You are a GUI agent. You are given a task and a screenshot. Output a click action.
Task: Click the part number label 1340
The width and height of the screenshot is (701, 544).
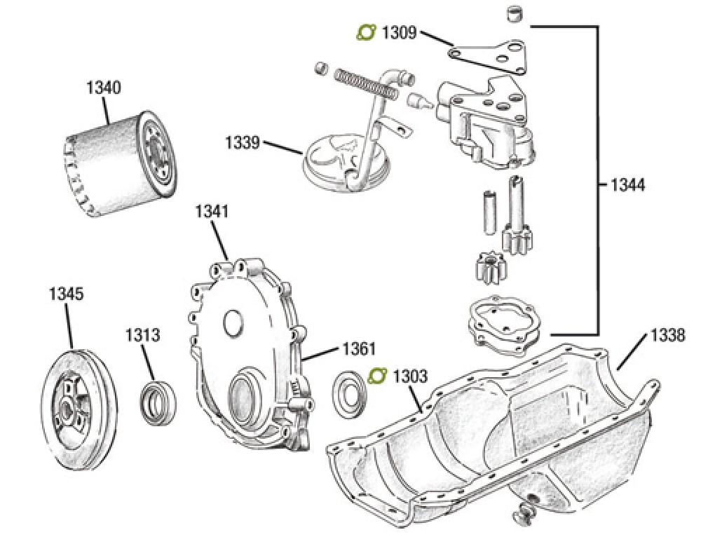pyautogui.click(x=103, y=88)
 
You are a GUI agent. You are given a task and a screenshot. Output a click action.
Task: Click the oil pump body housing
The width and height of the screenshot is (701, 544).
pyautogui.click(x=484, y=126)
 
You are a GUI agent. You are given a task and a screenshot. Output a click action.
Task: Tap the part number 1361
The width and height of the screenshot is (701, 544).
pyautogui.click(x=359, y=348)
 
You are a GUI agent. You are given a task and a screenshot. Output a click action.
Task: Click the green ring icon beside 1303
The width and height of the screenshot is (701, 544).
pyautogui.click(x=377, y=376)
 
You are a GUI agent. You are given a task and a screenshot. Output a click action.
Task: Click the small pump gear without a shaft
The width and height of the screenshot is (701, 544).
pyautogui.click(x=483, y=268)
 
